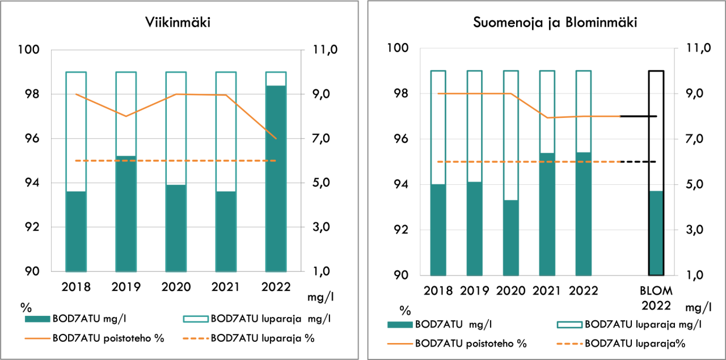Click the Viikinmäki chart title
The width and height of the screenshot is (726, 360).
coord(179,24)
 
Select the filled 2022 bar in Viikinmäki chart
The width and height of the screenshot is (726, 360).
coord(276,179)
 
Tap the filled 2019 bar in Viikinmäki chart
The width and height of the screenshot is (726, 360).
coord(126,214)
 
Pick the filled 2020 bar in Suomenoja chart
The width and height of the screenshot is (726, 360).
coord(511,238)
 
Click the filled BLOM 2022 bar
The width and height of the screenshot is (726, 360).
coord(656,233)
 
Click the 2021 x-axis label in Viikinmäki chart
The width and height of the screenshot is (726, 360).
coord(226,287)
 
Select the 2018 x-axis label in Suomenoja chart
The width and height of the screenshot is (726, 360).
coord(438,291)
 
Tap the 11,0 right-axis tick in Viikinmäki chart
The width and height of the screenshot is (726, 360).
coord(325,50)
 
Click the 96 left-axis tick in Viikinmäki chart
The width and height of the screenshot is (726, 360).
coord(33,139)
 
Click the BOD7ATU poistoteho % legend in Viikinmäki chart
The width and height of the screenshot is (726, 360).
coord(108,339)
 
